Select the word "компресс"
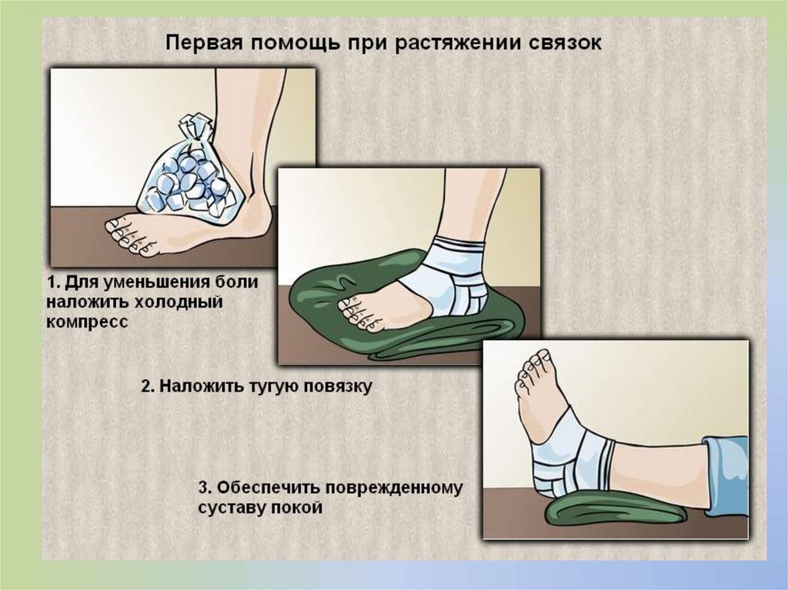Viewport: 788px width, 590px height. [x=88, y=322]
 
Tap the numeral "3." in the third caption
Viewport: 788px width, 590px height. [x=206, y=488]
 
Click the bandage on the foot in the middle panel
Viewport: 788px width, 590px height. [x=456, y=277]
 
